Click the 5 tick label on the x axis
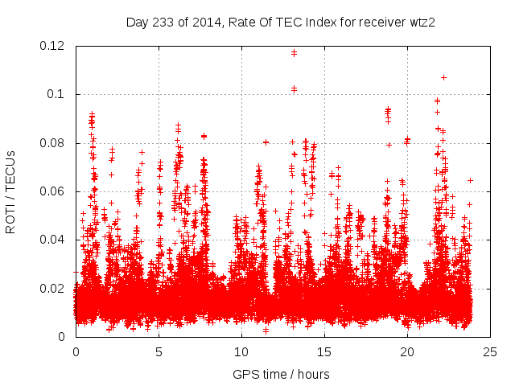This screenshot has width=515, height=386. coord(159,352)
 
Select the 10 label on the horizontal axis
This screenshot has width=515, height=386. coord(241,352)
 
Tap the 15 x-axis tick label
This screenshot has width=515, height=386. coord(324,352)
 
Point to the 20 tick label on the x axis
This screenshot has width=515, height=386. coord(407,352)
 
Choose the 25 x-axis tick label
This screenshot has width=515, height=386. coord(490,352)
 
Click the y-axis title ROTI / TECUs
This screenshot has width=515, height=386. coord(10,191)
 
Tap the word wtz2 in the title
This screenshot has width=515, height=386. coord(421,23)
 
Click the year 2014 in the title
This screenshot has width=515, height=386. coord(204,23)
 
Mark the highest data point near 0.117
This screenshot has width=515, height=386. coord(294,53)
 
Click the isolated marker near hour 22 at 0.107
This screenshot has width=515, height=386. coord(443,78)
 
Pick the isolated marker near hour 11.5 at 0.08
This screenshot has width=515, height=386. coord(266,142)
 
